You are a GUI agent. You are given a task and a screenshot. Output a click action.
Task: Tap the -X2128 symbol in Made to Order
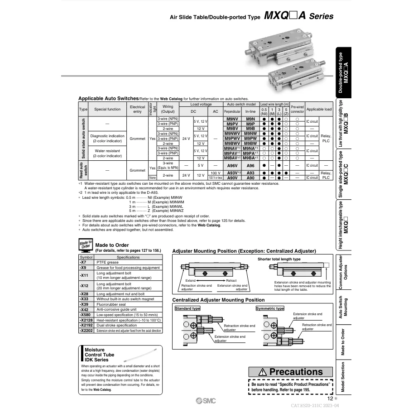point(86,320)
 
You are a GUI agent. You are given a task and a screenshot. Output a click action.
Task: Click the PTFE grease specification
point(107,262)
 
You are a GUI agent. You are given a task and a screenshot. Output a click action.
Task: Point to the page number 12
point(330,399)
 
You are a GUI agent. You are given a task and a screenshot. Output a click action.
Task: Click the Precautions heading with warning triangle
point(290,372)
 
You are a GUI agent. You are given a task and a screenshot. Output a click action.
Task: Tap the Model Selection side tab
point(344,380)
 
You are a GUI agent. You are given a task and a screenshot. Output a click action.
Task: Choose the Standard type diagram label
point(187,308)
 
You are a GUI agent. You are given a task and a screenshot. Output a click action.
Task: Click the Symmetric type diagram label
point(270,308)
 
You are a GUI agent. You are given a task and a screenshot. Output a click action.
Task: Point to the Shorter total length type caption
point(279,259)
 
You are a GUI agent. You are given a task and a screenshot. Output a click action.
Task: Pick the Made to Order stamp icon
point(86,245)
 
